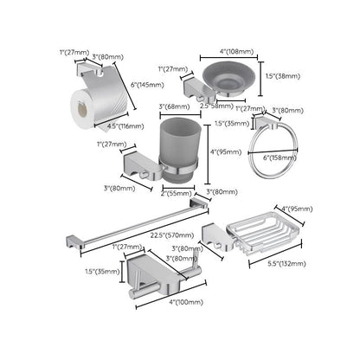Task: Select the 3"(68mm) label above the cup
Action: click(x=175, y=107)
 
